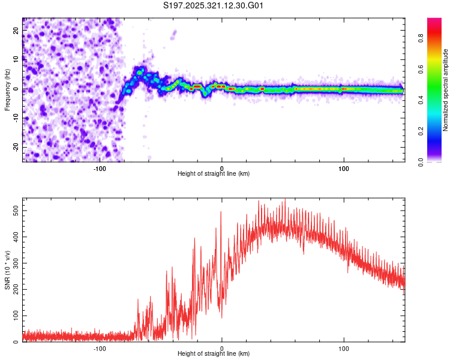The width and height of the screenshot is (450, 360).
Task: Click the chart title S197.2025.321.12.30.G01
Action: pos(213,5)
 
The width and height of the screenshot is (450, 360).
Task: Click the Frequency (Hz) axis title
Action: pos(7,90)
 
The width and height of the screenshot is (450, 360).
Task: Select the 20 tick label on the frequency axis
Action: pos(16,31)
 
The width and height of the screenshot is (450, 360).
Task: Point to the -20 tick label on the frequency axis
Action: pos(16,147)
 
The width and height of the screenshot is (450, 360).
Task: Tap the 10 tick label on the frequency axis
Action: pos(16,59)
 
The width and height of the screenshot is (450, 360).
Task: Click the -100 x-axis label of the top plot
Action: pos(100,169)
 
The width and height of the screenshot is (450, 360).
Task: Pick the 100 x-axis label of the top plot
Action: pos(344,169)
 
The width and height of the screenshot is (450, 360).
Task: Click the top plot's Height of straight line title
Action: pos(214,173)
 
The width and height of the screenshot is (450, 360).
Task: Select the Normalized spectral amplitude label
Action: pos(445,90)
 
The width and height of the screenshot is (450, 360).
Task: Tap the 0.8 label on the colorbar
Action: pos(421,38)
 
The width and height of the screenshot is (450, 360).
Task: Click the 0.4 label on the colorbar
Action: pos(421,100)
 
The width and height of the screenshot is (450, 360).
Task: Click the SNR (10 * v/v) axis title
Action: pos(7,270)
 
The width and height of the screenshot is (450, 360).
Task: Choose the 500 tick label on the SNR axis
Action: pos(16,211)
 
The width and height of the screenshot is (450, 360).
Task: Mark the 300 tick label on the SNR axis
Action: pos(16,263)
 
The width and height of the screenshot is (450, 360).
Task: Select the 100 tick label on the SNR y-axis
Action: pos(16,316)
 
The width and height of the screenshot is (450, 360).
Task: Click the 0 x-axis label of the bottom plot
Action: pos(221,349)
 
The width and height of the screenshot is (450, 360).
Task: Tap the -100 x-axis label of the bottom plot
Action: pos(100,349)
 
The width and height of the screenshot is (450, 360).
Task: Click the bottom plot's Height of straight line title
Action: pos(214,353)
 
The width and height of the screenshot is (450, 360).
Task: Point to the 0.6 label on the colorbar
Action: pos(421,69)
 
